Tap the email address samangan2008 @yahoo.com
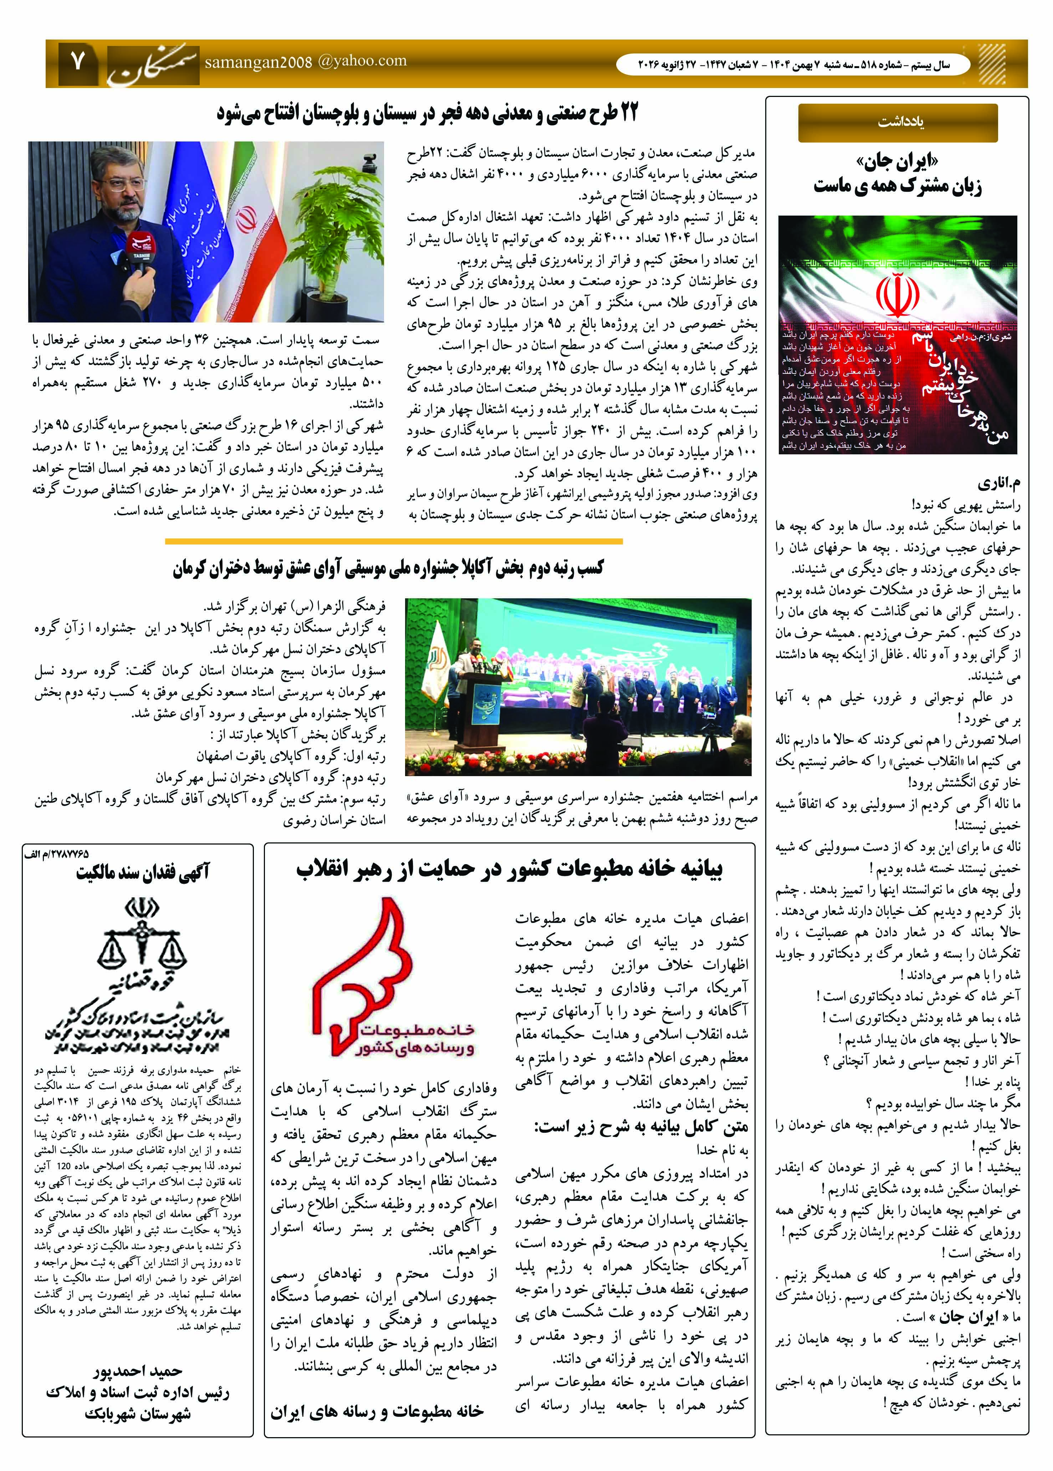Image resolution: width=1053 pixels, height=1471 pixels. (305, 62)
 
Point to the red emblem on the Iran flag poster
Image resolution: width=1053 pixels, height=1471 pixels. (898, 295)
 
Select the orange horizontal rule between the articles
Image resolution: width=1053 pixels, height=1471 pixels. (394, 541)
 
